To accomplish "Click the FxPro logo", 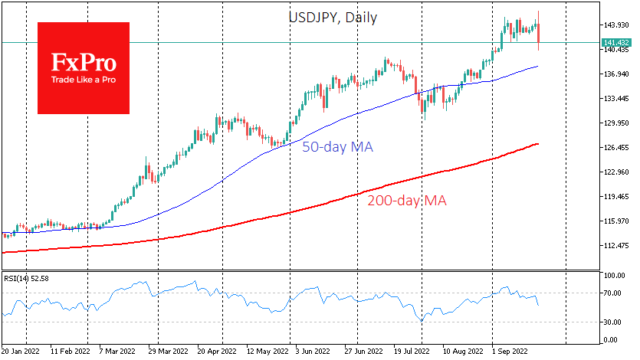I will [x=84, y=68].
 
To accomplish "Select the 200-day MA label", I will [x=408, y=201].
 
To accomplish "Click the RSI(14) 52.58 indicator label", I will [x=27, y=279].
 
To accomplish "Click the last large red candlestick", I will [x=539, y=34].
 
